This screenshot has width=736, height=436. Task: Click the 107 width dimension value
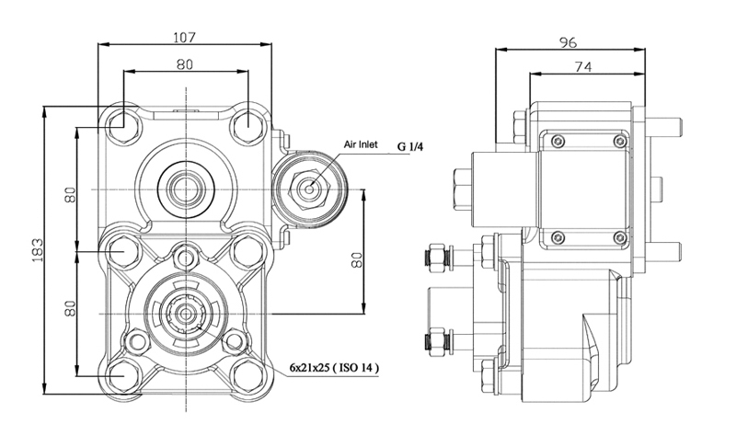pos(184,37)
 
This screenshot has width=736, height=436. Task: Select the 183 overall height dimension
pos(37,250)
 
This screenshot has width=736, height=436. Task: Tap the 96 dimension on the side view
pos(568,42)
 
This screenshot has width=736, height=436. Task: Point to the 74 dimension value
pos(583,67)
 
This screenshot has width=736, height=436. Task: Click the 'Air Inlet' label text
pos(361,144)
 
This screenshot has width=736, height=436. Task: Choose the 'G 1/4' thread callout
pos(410,147)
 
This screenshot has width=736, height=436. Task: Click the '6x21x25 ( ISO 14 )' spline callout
pos(334,368)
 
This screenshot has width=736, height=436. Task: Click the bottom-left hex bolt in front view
pos(123,376)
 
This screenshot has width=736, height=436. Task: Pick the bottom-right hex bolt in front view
pos(247,376)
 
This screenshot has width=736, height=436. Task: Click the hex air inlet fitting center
pos(309,189)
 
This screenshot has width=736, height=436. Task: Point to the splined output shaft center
pos(187,313)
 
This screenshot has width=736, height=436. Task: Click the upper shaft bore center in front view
pos(187,189)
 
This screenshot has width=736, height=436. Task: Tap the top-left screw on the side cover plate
pos(558,141)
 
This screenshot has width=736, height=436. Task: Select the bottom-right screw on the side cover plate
pos(620,238)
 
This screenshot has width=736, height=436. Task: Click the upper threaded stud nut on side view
pos(438,258)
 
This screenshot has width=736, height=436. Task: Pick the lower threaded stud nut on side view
pos(438,340)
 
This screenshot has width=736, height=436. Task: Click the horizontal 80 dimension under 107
pos(185,64)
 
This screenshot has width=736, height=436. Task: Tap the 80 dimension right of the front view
pos(357,259)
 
